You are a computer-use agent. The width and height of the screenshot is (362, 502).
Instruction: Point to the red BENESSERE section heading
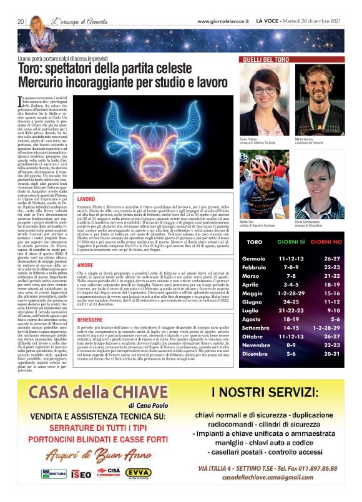click(89, 320)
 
